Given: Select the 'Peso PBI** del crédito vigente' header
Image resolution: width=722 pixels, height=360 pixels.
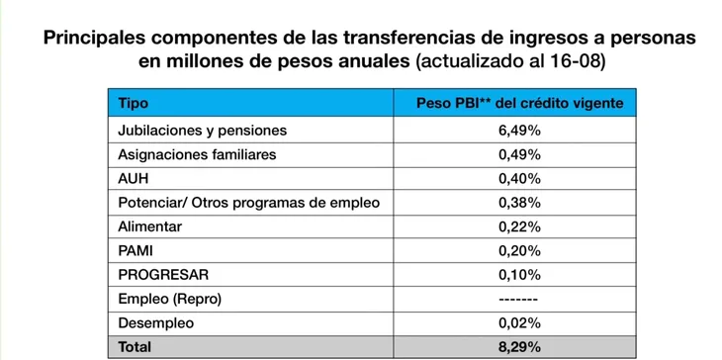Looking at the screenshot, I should [514, 103].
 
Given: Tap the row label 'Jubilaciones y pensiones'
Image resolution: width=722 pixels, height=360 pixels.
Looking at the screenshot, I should [202, 130].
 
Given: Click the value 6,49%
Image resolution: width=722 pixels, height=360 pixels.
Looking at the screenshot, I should [514, 130].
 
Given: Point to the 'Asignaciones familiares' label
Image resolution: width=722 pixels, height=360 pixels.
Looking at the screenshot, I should [197, 154].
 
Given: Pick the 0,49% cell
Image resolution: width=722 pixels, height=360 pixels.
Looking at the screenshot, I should [514, 154].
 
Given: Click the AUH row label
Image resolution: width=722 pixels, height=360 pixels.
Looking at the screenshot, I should [134, 178].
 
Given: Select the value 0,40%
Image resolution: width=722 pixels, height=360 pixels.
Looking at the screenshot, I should [514, 178].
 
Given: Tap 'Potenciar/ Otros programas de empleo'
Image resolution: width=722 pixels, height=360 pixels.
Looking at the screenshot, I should [248, 203].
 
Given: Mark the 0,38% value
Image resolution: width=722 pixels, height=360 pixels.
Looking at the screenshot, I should [514, 203].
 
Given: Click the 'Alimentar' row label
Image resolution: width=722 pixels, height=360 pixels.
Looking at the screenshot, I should [149, 226].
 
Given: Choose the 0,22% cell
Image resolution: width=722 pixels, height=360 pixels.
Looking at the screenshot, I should [514, 226].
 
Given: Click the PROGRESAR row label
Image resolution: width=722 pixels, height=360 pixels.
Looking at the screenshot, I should [163, 275].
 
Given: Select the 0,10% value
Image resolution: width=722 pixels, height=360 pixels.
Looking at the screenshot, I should [514, 275].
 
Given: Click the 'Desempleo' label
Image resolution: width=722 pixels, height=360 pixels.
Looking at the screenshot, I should [156, 323].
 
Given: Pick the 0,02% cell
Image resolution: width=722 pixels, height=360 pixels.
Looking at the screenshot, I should [514, 323].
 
